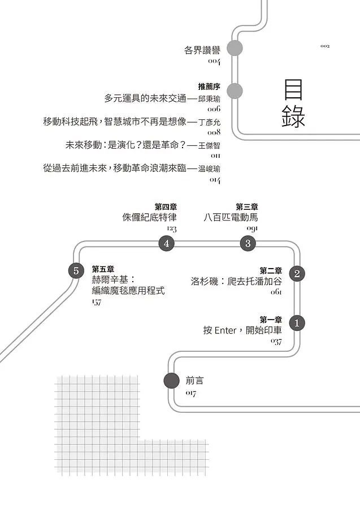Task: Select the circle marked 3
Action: pyautogui.click(x=248, y=244)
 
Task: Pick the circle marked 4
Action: pyautogui.click(x=166, y=244)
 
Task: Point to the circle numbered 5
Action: pyautogui.click(x=76, y=271)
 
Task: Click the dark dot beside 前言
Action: pyautogui.click(x=171, y=381)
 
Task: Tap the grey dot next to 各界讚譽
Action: pyautogui.click(x=234, y=48)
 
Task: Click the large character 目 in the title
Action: pyautogui.click(x=293, y=90)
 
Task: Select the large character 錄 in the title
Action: pyautogui.click(x=293, y=118)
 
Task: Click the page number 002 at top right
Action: pyautogui.click(x=324, y=46)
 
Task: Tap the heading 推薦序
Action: pyautogui.click(x=209, y=87)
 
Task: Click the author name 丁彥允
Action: pyautogui.click(x=209, y=122)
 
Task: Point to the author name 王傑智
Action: pyautogui.click(x=209, y=145)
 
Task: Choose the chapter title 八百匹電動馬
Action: pyautogui.click(x=231, y=217)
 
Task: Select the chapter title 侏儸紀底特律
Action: pyautogui.click(x=150, y=217)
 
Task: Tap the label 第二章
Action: pyautogui.click(x=271, y=270)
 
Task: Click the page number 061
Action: pyautogui.click(x=276, y=292)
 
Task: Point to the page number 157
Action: pyautogui.click(x=96, y=303)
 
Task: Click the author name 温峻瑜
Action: pyautogui.click(x=209, y=169)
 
